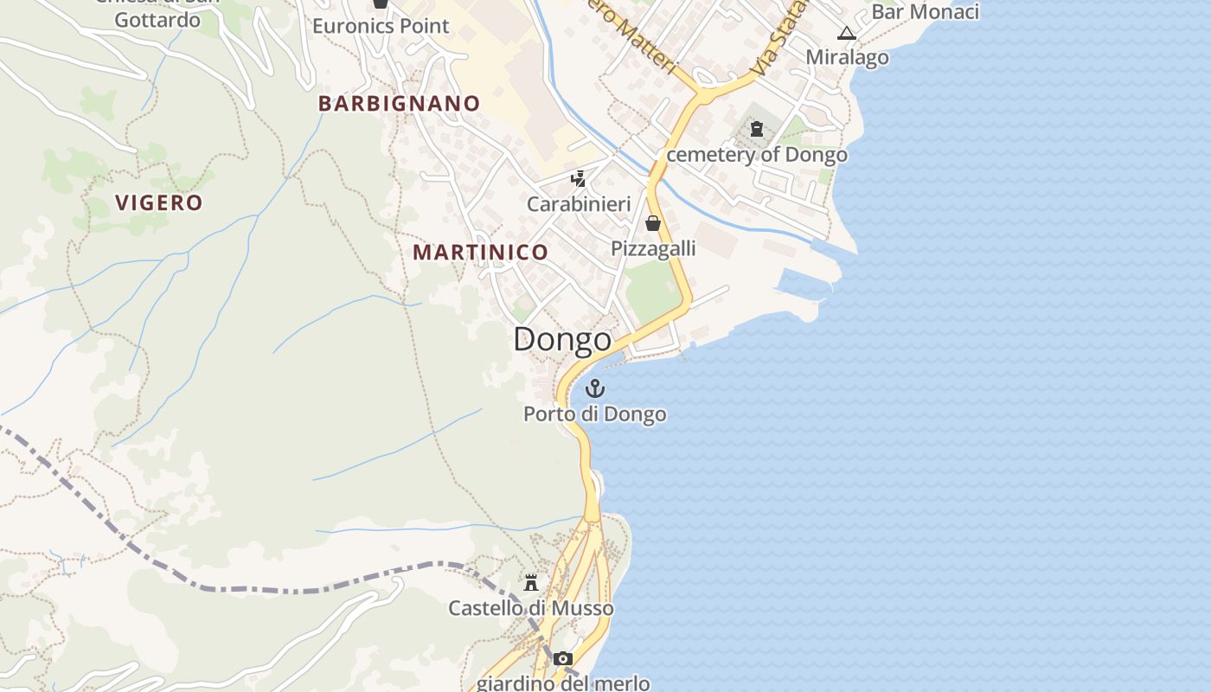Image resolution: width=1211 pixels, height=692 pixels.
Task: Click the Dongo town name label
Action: point(562,339)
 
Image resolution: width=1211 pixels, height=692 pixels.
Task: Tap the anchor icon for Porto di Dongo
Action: point(594,388)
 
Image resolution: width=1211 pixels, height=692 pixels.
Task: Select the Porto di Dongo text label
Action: point(594,414)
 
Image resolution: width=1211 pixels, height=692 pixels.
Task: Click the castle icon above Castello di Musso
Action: point(531,582)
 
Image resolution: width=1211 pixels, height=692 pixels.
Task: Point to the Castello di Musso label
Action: point(530,608)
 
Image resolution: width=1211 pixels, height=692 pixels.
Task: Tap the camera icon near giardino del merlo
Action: point(563,659)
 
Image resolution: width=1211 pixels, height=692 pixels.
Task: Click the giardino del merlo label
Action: point(563,682)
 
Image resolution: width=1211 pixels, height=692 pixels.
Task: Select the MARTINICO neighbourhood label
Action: point(480,253)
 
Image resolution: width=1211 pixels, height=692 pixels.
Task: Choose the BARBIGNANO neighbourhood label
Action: point(399,104)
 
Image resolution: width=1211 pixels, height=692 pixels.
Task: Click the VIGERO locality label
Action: point(159,203)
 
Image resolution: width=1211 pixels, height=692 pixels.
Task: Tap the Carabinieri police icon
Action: point(579,179)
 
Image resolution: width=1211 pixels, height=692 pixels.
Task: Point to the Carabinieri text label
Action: point(579,204)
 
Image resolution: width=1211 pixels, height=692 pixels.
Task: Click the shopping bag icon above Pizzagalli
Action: point(653,223)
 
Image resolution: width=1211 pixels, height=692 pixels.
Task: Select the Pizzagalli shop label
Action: point(653,248)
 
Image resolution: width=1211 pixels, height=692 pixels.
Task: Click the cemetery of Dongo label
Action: point(757,155)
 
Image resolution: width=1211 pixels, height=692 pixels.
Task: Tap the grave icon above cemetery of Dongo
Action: point(757,130)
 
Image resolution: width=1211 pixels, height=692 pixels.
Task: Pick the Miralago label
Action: point(847,57)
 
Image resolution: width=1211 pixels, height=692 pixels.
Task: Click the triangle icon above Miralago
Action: point(847,34)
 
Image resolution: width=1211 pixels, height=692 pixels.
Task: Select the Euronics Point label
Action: point(381,26)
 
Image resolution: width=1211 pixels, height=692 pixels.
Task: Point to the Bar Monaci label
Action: point(925,12)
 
